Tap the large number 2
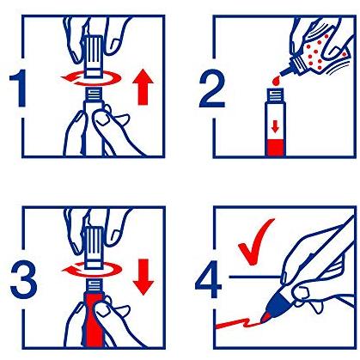[x=212, y=88]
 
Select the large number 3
[x=23, y=280]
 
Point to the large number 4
[x=209, y=279]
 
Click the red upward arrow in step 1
[x=143, y=88]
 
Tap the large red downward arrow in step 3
[x=143, y=277]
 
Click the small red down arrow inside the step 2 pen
[x=275, y=126]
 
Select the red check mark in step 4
[x=256, y=242]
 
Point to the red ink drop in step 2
[x=276, y=81]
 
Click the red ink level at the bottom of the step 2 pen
[x=276, y=148]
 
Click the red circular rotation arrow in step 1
[x=91, y=78]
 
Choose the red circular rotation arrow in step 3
[x=92, y=270]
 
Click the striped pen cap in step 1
[x=94, y=56]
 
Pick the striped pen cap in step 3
[x=94, y=248]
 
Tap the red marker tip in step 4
[x=265, y=317]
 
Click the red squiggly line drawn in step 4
[x=238, y=323]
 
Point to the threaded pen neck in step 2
[x=276, y=95]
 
